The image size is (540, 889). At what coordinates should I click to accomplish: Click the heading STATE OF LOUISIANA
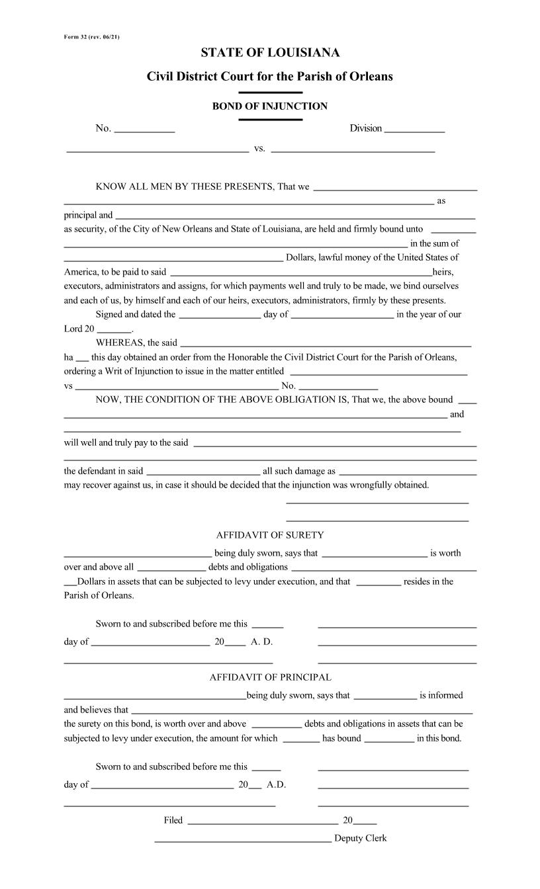coord(270,53)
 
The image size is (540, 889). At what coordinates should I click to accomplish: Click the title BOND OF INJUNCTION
coord(270,106)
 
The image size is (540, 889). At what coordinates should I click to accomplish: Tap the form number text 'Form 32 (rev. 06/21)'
coord(92,36)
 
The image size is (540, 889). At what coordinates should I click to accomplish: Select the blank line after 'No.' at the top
coord(144,132)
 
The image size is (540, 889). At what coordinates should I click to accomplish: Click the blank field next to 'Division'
coord(414,132)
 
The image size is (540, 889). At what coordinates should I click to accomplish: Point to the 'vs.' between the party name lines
coord(260,148)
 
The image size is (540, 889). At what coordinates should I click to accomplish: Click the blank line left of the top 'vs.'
coord(157,151)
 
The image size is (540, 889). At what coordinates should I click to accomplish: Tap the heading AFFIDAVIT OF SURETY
coord(270,535)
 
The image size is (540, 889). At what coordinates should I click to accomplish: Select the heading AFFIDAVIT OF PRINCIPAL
coord(270,677)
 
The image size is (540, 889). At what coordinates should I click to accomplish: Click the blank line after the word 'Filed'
coord(263,824)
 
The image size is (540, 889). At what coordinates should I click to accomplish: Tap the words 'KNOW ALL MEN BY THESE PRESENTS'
coord(185,187)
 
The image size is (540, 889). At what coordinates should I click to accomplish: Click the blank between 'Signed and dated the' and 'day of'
coord(220,317)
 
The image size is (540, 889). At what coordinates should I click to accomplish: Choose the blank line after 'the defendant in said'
coord(202,474)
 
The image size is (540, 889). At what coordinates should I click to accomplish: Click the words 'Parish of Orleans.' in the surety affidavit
coord(99,595)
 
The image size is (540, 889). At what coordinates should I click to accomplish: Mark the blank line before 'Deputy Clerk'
coord(243,841)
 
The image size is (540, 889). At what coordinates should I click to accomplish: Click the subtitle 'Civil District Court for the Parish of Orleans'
coord(270,77)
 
